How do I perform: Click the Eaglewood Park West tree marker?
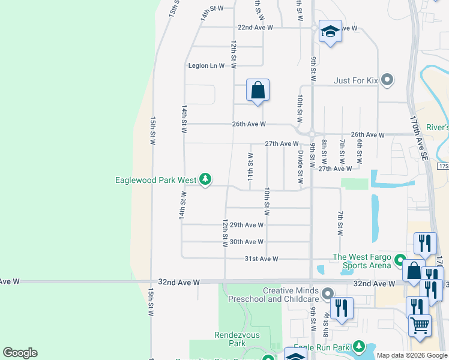[x=205, y=179]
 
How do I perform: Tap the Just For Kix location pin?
[x=387, y=79]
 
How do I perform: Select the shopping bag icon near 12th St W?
[x=258, y=91]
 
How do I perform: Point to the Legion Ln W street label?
[x=206, y=65]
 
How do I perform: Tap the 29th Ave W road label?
[x=247, y=225]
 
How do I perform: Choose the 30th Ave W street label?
[x=247, y=242]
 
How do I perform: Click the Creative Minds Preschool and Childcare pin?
[x=327, y=294]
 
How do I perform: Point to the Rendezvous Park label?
[x=230, y=339]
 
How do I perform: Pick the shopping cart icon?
[x=420, y=325]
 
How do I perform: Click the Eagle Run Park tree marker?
[x=358, y=346]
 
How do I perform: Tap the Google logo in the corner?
[x=20, y=353]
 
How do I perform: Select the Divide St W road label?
[x=301, y=167]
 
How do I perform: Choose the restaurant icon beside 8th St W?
[x=341, y=308]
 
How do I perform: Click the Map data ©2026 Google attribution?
[x=411, y=355]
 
